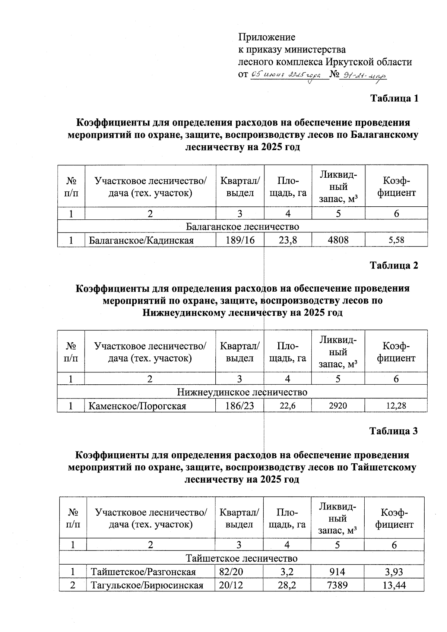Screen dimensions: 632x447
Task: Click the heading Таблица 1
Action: pos(394,98)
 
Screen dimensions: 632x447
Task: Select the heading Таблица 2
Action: pos(394,265)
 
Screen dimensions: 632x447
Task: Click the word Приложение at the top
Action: pos(267,37)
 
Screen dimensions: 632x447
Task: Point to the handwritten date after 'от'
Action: pos(286,75)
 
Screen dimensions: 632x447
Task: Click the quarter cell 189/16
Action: pos(240,240)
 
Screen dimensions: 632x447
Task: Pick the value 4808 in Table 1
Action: pos(338,240)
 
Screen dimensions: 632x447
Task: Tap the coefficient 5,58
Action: pos(396,240)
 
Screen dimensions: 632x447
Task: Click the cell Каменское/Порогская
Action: pos(137,406)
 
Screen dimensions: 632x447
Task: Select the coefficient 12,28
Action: pos(396,406)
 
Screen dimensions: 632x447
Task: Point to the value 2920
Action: pos(338,406)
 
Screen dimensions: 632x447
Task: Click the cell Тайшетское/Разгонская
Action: pos(143,572)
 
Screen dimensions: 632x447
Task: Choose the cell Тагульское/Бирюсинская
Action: pos(147,585)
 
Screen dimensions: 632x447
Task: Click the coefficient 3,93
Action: pos(394,572)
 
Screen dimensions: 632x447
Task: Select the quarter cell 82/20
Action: pos(231,572)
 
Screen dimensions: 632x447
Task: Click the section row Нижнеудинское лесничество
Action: pos(242,392)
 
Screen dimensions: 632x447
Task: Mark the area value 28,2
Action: pos(287,585)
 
